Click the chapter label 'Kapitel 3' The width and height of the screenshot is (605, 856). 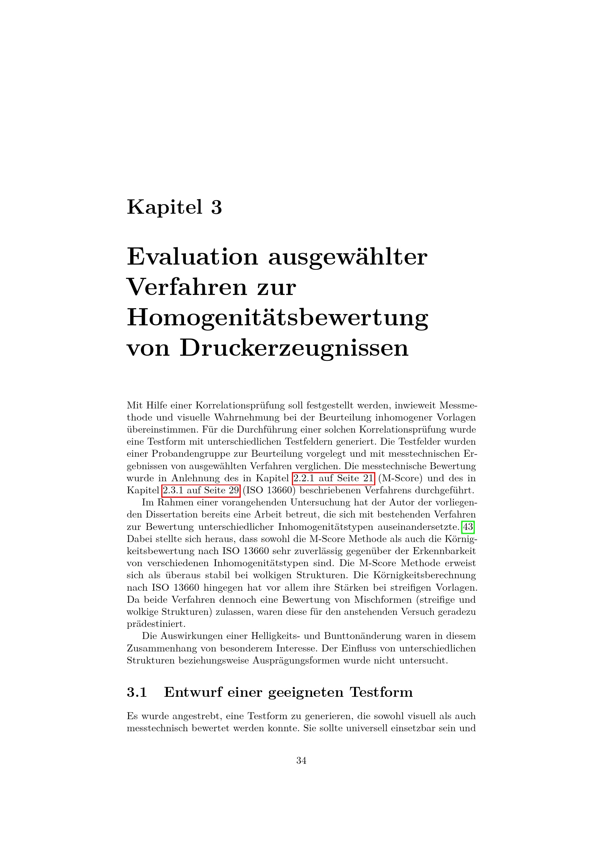[174, 207]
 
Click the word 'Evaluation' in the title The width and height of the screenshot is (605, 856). [192, 257]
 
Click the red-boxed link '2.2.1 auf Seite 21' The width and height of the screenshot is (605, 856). [334, 478]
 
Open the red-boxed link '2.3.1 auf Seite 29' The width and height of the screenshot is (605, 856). [201, 491]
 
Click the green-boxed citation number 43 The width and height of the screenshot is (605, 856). [467, 527]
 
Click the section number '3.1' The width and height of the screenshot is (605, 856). [137, 692]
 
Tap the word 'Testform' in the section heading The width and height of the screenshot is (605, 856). [381, 692]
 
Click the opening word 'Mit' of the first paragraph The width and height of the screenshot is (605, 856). [133, 405]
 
